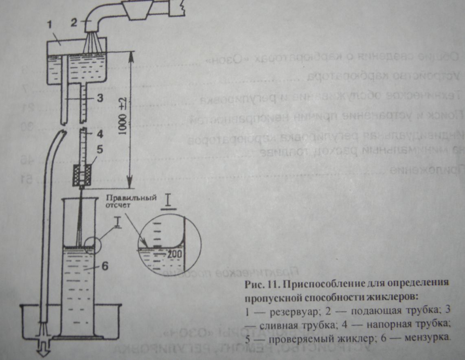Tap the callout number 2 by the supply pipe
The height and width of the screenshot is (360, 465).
[x=74, y=22]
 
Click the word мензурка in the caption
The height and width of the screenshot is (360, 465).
[x=430, y=337]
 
